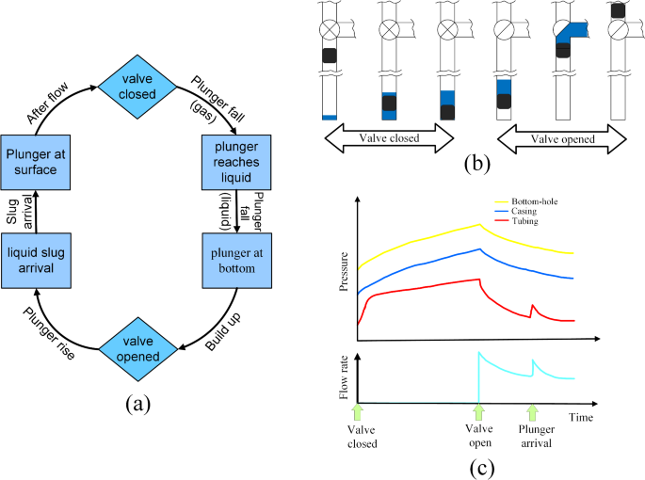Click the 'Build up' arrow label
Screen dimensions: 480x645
221,323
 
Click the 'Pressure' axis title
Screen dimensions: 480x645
344,269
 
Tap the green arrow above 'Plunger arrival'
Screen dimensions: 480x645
533,410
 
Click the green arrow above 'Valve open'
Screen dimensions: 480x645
478,410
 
